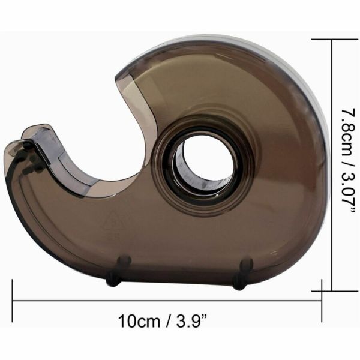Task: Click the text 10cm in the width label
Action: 139,321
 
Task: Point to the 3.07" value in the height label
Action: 347,193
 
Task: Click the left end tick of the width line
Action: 13,301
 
